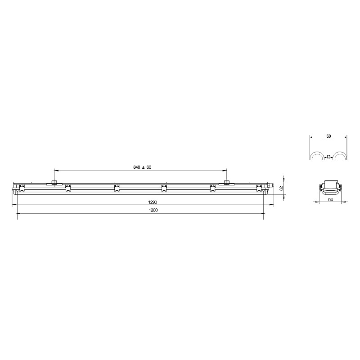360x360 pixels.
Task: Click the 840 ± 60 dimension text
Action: [x=142, y=167]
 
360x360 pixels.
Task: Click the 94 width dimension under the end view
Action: [x=330, y=199]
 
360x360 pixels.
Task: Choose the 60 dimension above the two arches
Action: [x=328, y=136]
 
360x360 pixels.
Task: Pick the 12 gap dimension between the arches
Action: [x=328, y=157]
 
